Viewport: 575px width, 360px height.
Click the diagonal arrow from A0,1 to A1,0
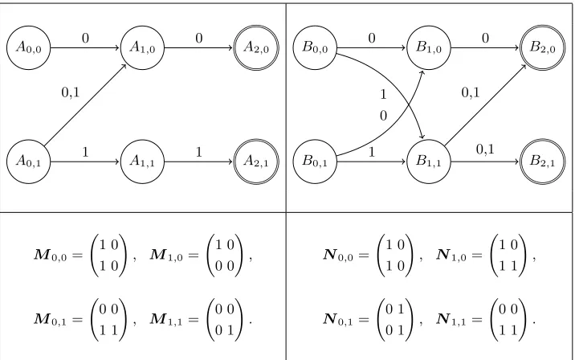(85, 105)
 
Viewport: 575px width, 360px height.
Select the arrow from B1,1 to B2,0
(485, 105)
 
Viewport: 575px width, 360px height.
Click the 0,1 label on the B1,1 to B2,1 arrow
(485, 149)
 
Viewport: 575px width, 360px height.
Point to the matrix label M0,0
(51, 255)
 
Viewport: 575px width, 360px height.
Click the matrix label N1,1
(452, 320)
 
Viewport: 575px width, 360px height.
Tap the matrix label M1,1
(166, 320)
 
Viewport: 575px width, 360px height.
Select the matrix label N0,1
(338, 320)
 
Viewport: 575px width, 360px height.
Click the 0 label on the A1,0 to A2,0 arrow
(198, 38)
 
